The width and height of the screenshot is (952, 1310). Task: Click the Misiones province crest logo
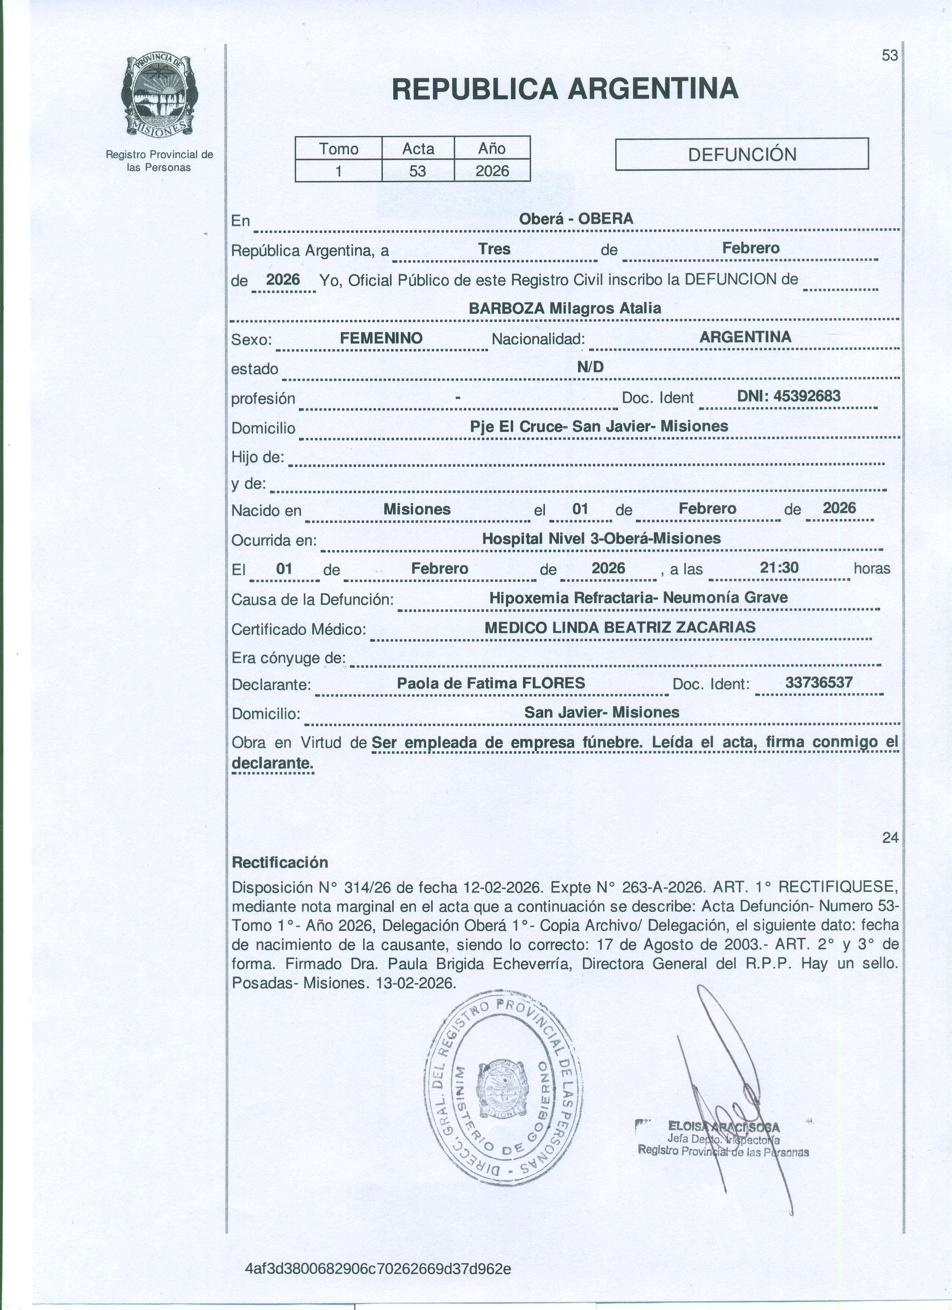159,96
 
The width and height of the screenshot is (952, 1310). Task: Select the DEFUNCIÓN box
742,154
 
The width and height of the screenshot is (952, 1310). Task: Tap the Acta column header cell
418,149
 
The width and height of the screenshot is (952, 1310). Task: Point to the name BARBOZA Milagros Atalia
564,308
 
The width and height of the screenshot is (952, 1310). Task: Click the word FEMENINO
381,338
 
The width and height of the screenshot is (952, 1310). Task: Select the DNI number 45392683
788,396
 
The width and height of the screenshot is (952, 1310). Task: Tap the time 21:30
779,568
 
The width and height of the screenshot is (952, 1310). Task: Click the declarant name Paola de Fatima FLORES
491,683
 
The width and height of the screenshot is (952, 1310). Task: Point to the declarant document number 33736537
819,683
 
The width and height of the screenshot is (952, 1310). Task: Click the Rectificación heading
280,863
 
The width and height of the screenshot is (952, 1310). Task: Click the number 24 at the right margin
890,838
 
